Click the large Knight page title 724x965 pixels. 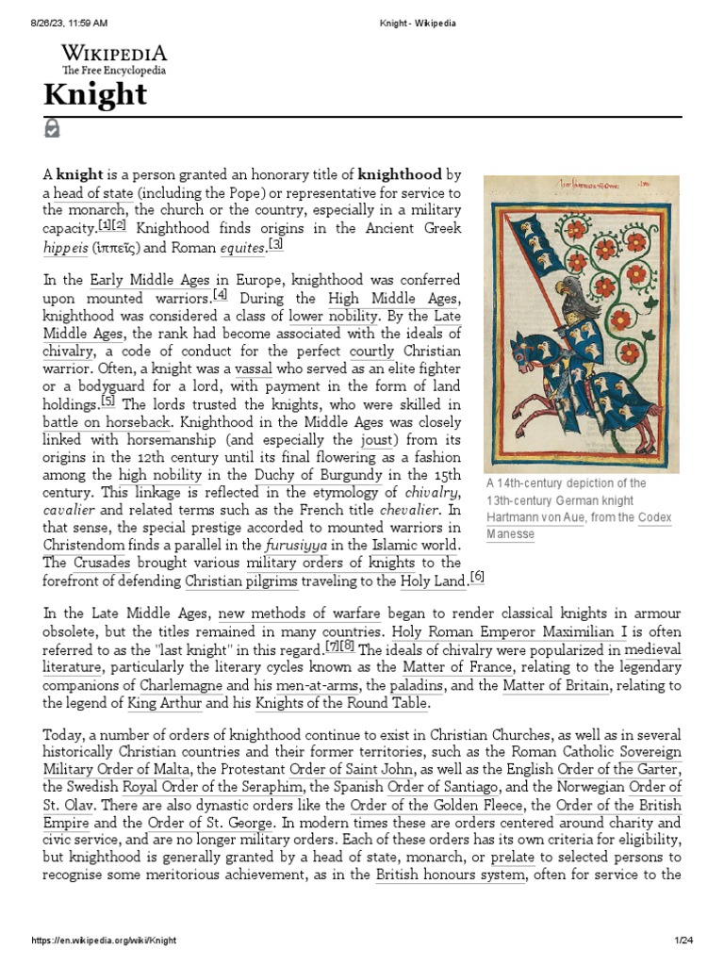(94, 95)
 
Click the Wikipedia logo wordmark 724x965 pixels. (114, 53)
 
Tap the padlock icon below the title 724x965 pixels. (52, 128)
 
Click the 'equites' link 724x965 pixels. (243, 248)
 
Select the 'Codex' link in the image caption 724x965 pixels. (654, 517)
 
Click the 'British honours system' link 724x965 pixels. (450, 875)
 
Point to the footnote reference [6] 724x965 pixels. (476, 577)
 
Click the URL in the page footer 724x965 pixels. (105, 940)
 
